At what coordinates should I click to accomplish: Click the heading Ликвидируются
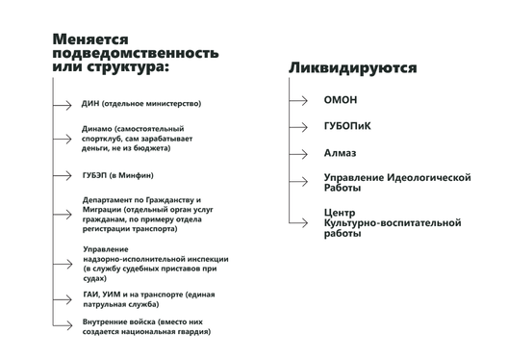(352, 69)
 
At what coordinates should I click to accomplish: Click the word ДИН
(91, 103)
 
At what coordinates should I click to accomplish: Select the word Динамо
(97, 129)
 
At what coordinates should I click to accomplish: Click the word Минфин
(139, 175)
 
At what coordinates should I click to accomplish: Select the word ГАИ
(92, 294)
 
